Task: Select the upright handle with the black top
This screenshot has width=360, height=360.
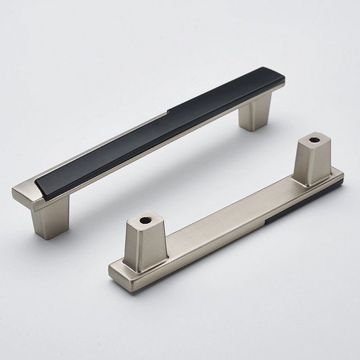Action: pos(149,135)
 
